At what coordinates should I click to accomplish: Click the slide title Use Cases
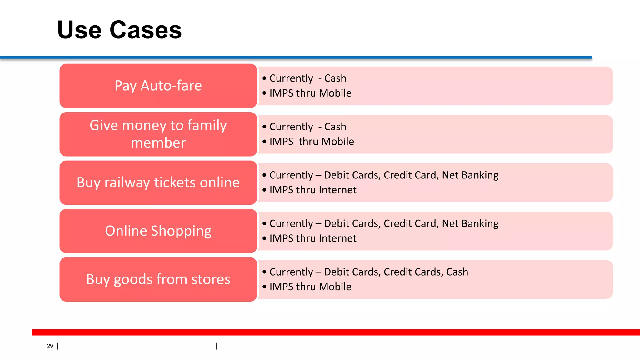119,30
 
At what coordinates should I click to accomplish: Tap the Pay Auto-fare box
158,86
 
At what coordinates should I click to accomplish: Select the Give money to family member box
158,134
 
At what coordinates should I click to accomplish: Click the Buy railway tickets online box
158,182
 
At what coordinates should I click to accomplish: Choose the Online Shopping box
158,231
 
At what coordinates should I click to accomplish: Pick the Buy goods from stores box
158,279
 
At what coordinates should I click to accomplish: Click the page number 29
50,346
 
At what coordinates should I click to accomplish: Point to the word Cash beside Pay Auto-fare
335,78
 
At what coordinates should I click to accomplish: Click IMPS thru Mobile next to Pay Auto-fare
310,93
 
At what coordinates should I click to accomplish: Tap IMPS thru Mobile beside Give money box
312,142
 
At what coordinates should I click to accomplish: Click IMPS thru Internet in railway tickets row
313,190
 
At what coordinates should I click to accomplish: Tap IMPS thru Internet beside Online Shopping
313,238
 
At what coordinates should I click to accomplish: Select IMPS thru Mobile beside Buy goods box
310,287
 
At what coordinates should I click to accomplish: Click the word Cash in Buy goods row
457,272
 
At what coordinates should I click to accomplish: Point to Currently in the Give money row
291,127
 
